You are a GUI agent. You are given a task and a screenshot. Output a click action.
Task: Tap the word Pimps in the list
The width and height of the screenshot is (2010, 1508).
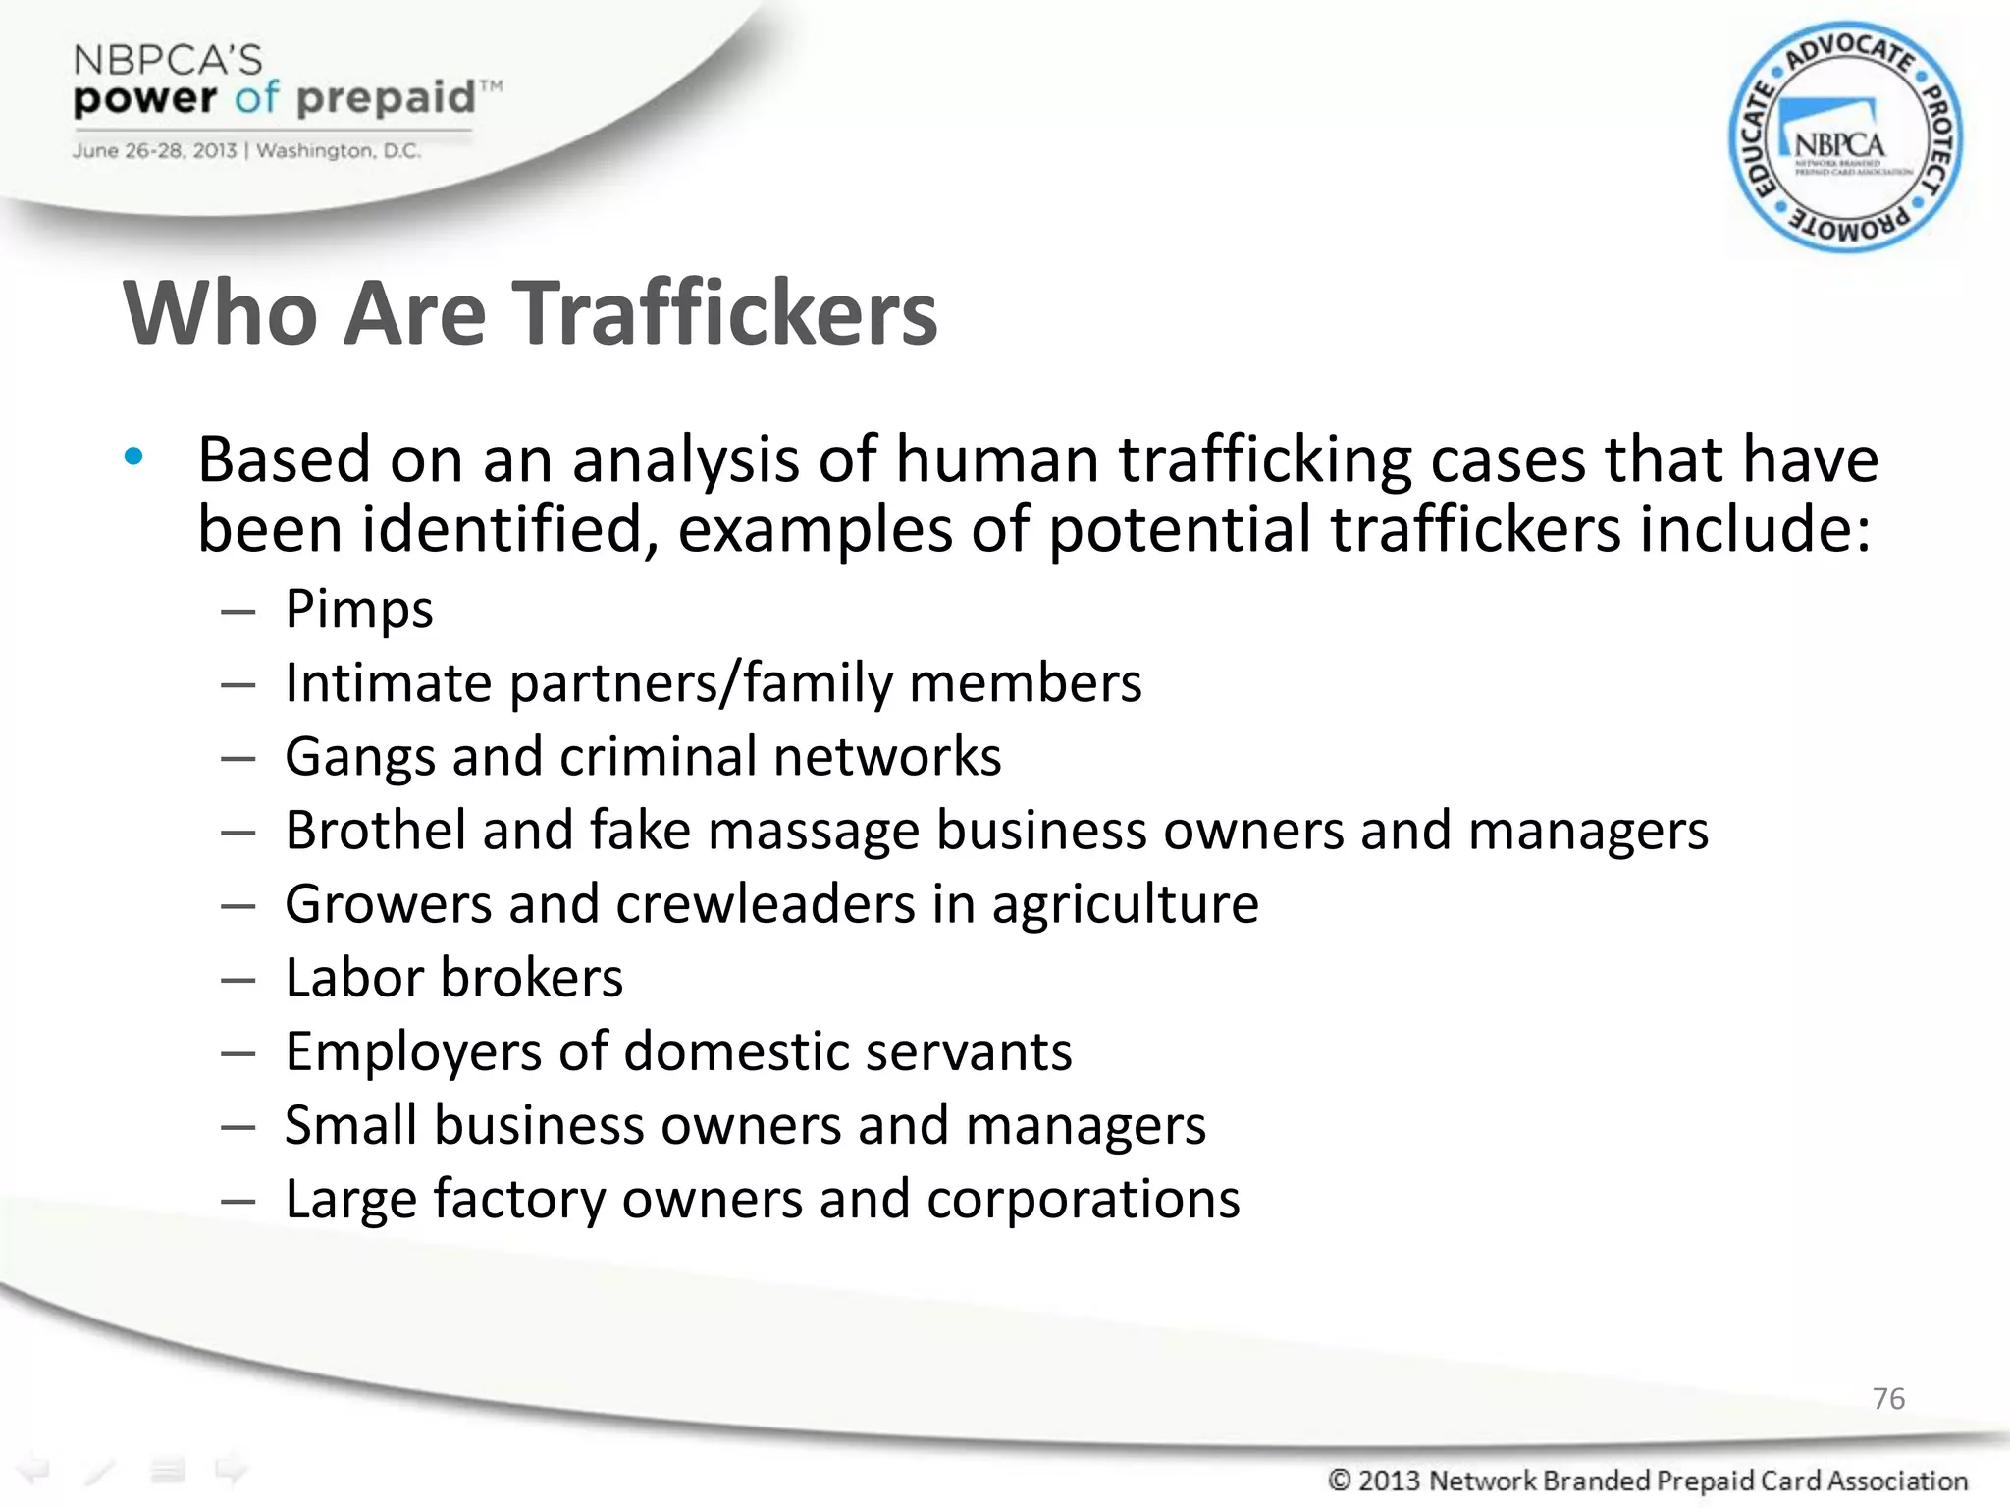coord(359,610)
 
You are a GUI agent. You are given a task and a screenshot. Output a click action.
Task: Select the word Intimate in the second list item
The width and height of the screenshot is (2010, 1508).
coord(388,682)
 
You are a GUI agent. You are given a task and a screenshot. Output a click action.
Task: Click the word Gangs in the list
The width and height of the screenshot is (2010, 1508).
coord(359,757)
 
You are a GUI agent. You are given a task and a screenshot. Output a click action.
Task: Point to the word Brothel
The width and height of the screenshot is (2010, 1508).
coord(375,831)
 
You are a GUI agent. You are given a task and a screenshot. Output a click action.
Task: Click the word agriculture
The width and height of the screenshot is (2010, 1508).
coord(1125,905)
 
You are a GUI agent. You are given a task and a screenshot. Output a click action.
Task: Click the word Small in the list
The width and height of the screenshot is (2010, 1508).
coord(350,1125)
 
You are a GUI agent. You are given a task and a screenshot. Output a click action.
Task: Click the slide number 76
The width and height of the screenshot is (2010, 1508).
coord(1888,1398)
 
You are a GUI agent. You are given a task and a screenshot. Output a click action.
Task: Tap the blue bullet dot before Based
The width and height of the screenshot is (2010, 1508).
coord(134,457)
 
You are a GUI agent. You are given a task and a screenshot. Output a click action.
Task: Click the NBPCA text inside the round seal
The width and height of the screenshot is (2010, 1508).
coord(1839,146)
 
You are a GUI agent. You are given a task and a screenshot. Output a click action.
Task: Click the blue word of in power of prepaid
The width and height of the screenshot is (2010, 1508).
coord(257,98)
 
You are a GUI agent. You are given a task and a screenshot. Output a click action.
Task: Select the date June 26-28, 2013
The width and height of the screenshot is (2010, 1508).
coord(154,151)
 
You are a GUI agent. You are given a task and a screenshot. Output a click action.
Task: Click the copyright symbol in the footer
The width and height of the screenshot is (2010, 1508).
coord(1339,1480)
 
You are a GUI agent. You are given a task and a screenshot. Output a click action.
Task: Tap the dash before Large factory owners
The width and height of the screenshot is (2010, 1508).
coord(238,1201)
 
